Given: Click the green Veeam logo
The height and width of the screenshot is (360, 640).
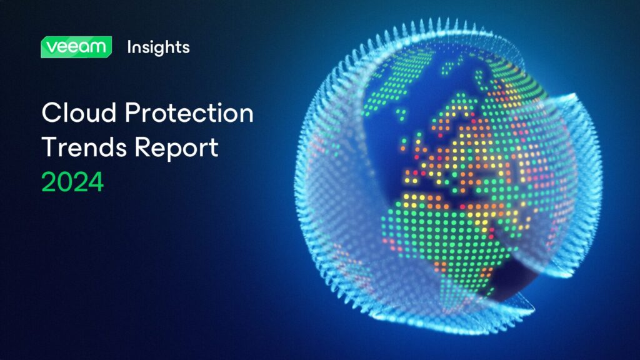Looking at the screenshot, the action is pyautogui.click(x=76, y=47).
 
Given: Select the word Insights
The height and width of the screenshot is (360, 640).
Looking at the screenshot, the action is pyautogui.click(x=158, y=47).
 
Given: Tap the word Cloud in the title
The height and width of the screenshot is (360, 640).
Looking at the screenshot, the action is pyautogui.click(x=79, y=112).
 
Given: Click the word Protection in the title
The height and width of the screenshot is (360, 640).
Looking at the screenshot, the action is pyautogui.click(x=189, y=112).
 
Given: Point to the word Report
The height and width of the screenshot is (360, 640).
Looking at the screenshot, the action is pyautogui.click(x=176, y=147).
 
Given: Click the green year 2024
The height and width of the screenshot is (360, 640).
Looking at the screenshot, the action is pyautogui.click(x=72, y=182).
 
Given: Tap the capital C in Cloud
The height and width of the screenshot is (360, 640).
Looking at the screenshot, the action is pyautogui.click(x=51, y=112).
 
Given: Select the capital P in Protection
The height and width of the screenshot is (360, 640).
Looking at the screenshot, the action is pyautogui.click(x=133, y=112).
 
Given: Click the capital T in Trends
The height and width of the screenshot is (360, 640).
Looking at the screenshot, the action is pyautogui.click(x=50, y=147).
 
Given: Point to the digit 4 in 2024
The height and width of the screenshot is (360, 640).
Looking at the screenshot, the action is pyautogui.click(x=96, y=182).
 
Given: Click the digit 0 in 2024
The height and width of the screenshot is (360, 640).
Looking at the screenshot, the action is pyautogui.click(x=65, y=182).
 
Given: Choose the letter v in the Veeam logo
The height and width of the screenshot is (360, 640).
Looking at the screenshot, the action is pyautogui.click(x=51, y=47).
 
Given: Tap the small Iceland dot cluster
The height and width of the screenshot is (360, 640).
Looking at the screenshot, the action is pyautogui.click(x=401, y=114).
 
